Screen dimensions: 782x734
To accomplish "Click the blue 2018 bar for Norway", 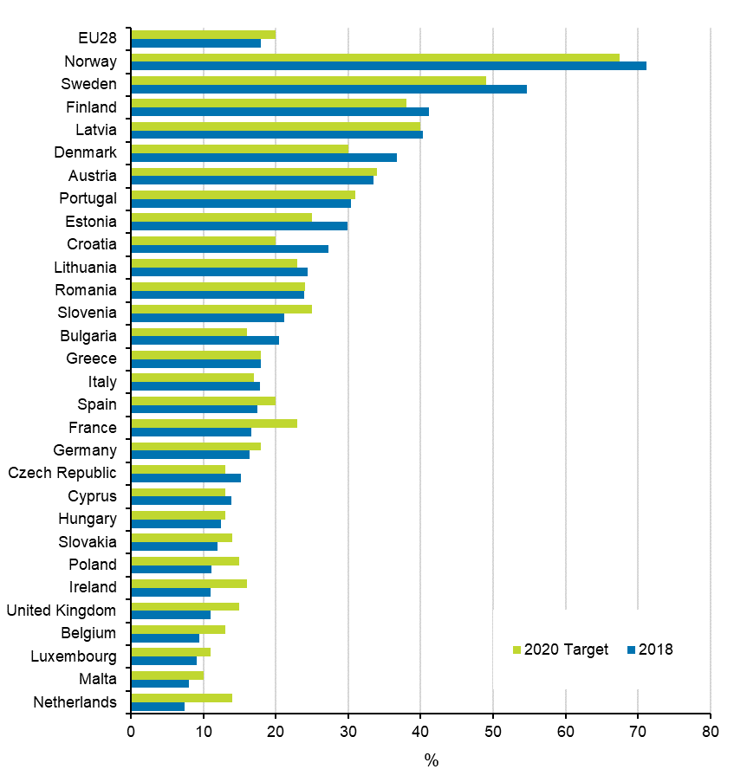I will (388, 66).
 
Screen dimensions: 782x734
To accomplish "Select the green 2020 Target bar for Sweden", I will (309, 80).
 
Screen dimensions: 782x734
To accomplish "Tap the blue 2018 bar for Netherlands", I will (158, 707).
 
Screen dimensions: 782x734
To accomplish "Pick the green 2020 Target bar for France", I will (214, 423).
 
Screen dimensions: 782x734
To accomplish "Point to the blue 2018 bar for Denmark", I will (263, 158).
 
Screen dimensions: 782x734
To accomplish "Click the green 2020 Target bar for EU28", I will (203, 34).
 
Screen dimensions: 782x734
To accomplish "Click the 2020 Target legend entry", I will (561, 650).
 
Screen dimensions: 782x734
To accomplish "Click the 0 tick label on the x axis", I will (131, 731).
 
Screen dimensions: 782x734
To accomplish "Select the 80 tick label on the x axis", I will (710, 731).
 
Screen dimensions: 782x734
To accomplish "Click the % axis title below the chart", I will (431, 761).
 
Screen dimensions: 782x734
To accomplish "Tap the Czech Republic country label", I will (62, 473).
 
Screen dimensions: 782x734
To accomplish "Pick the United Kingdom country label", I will (61, 611).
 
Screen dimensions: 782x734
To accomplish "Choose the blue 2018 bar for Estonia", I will (239, 226).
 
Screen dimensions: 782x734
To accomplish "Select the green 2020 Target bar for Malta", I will (167, 675).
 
